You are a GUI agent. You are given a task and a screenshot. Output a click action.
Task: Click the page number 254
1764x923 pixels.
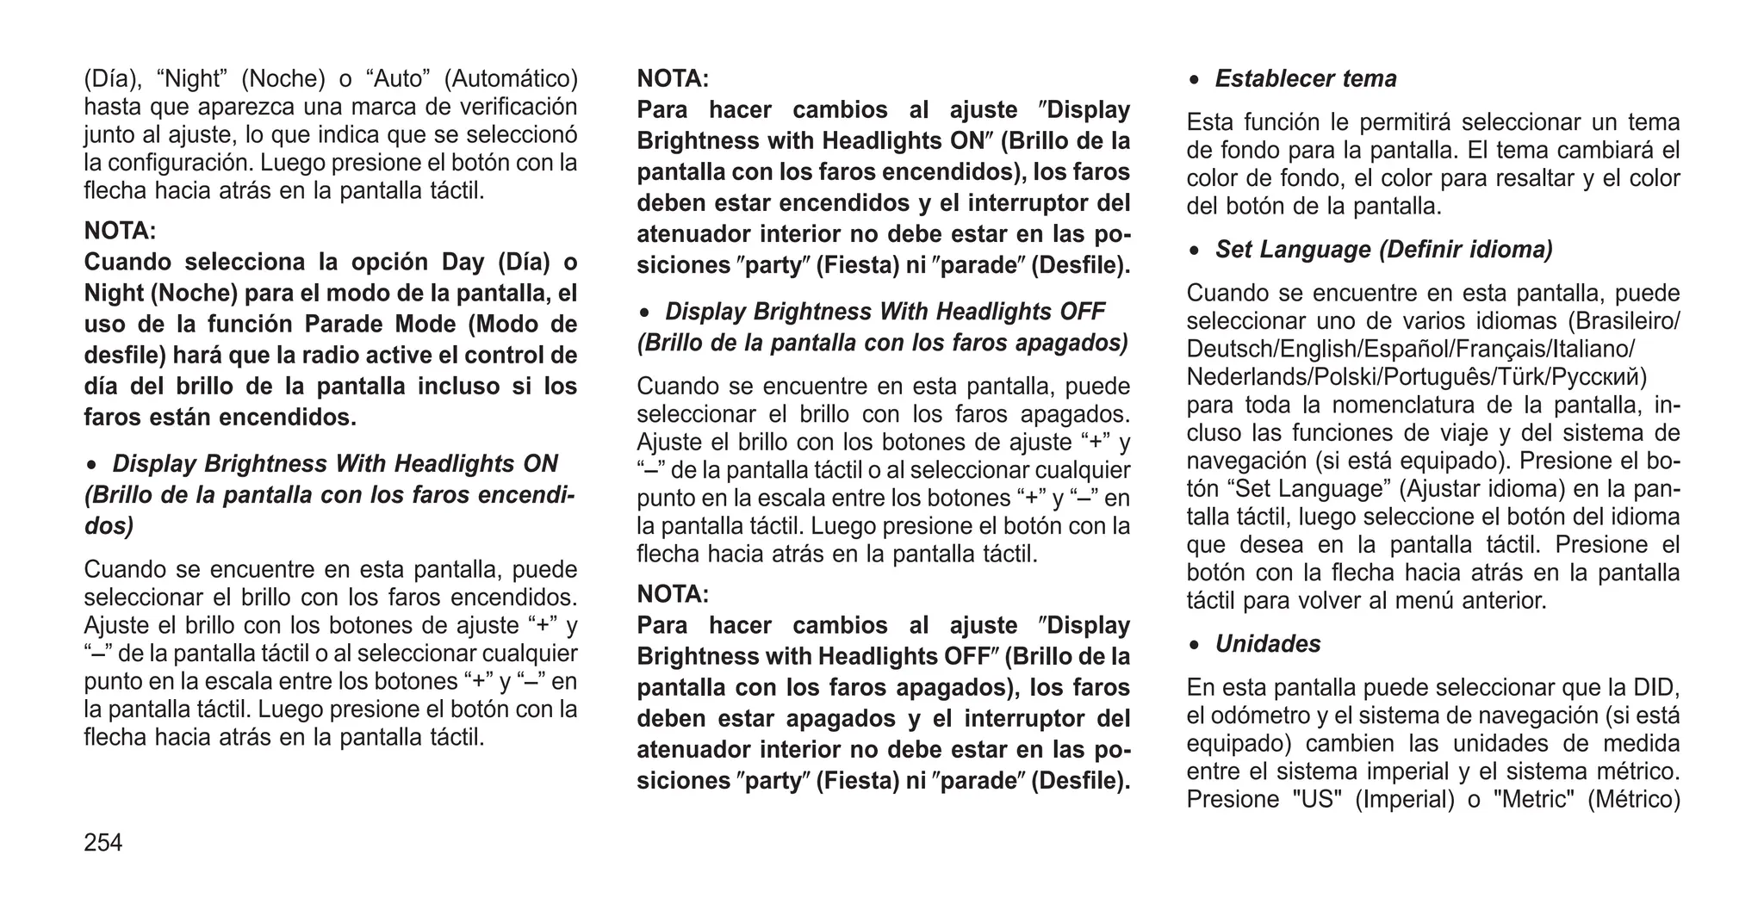point(103,843)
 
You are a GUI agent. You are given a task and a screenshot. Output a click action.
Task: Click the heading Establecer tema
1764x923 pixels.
point(1306,79)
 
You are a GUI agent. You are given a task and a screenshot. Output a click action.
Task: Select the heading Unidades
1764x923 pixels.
point(1267,644)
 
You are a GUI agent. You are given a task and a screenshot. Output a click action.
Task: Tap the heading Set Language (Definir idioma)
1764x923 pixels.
point(1383,250)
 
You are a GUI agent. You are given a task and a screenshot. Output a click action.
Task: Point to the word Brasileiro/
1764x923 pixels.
point(1624,321)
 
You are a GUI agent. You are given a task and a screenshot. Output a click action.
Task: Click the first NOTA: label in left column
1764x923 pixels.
point(120,231)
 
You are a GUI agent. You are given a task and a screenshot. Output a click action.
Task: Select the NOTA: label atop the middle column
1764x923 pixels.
point(673,79)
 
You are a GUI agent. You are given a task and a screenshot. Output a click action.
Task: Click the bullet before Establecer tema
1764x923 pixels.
point(1194,80)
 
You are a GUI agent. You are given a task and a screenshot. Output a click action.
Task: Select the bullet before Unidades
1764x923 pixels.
point(1194,646)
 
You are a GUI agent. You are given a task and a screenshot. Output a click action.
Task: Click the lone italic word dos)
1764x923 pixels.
point(109,526)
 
